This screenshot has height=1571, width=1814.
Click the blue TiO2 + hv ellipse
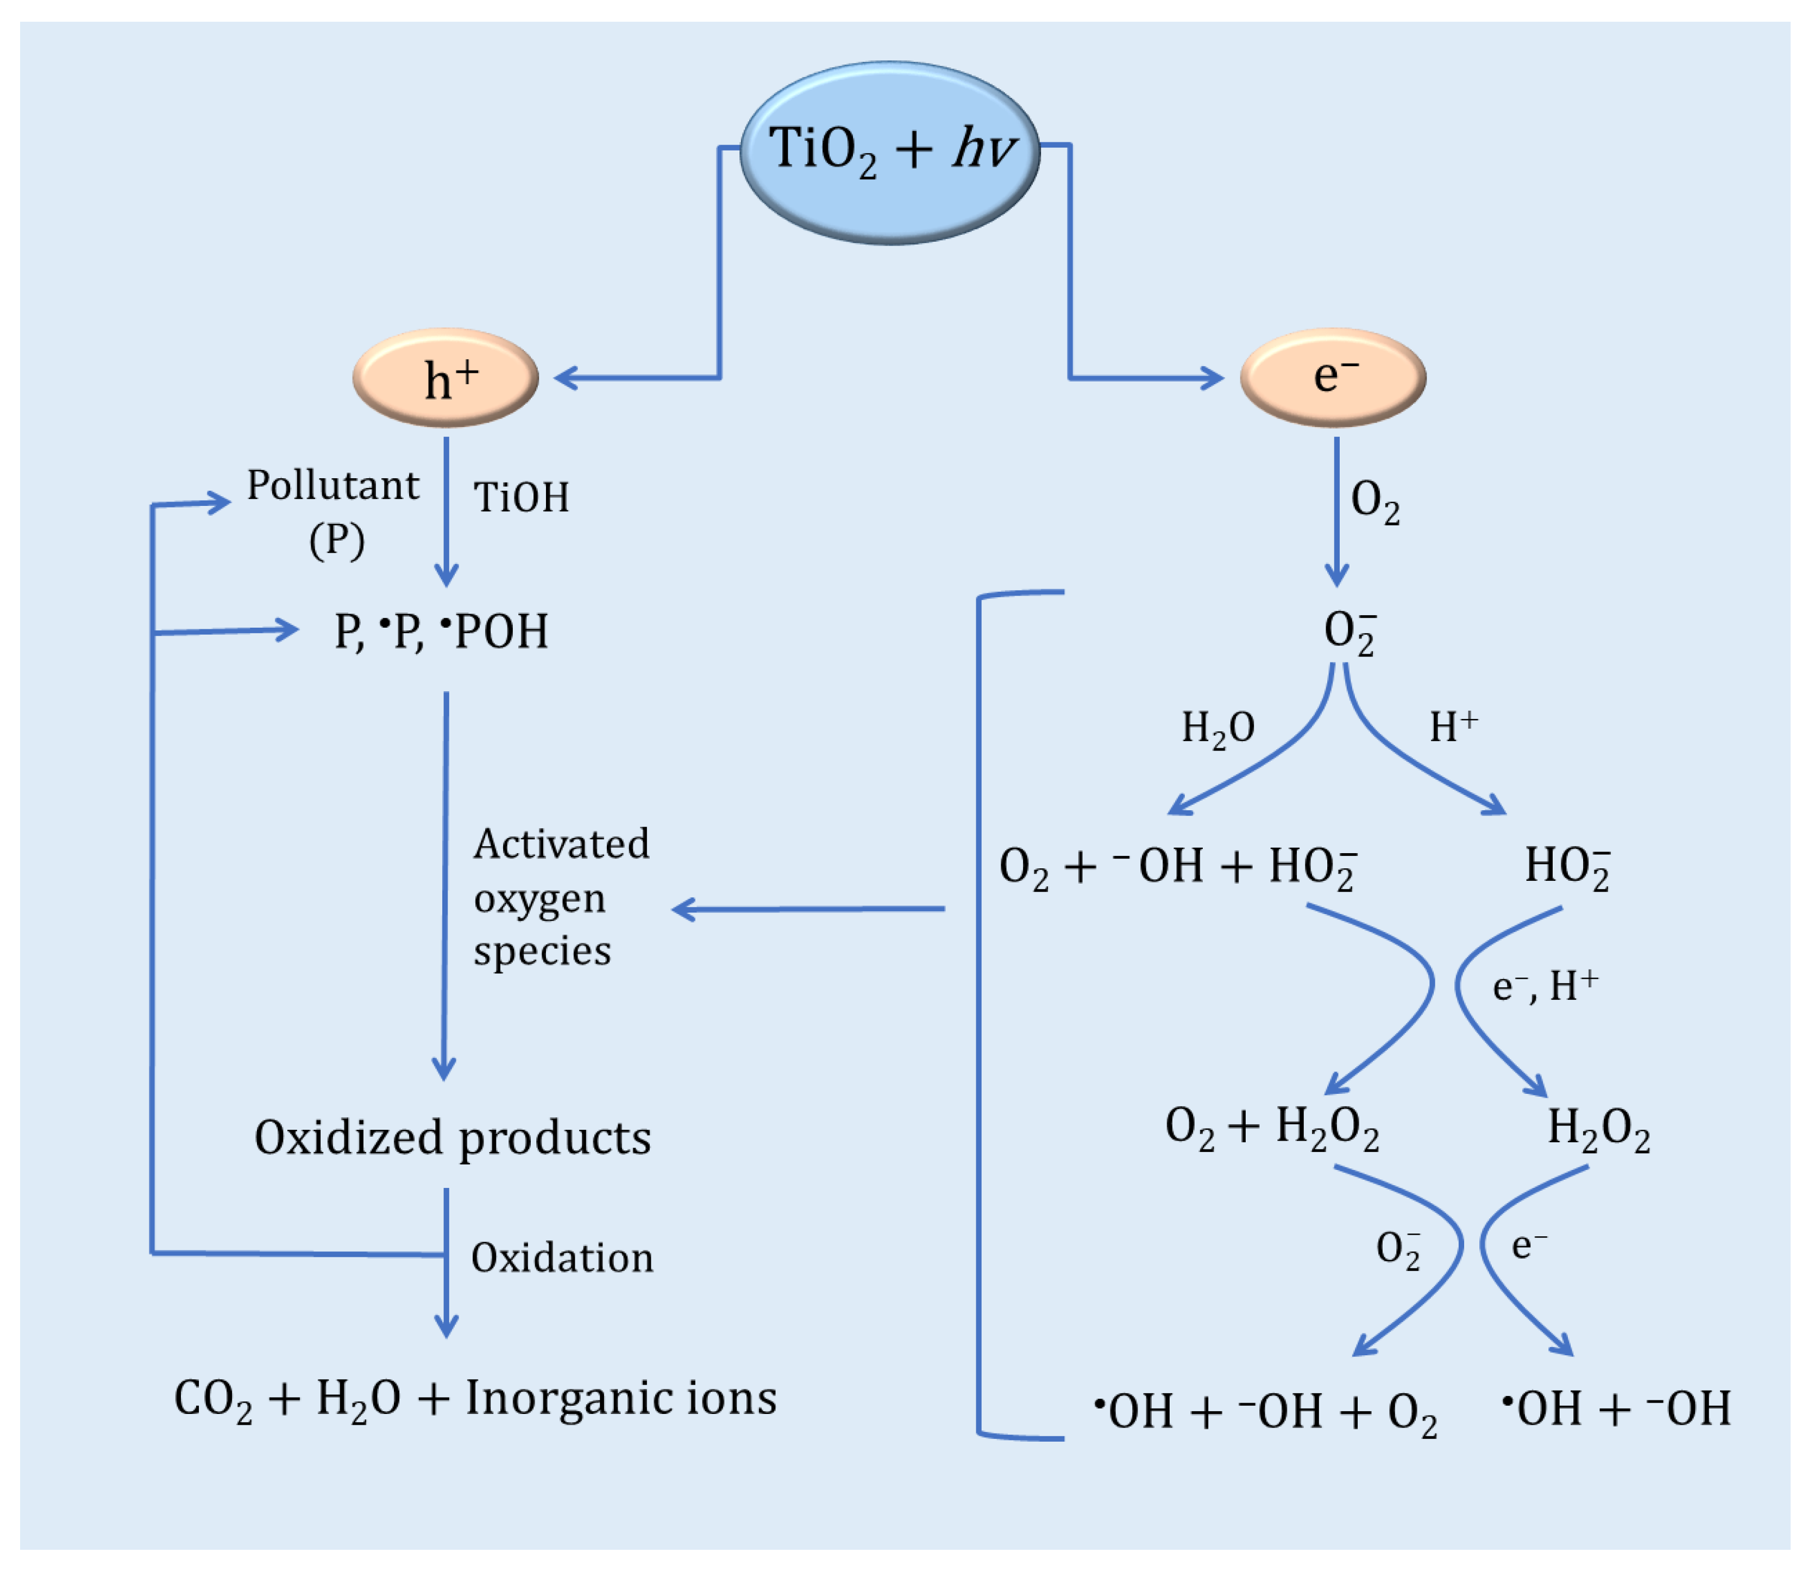point(889,152)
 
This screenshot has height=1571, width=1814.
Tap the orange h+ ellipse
point(445,378)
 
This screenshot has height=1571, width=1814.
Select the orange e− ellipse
point(1333,378)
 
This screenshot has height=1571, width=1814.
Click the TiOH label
point(522,497)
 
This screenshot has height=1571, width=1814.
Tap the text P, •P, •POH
point(441,631)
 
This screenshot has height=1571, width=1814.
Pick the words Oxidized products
point(452,1138)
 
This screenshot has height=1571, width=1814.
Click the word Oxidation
point(562,1258)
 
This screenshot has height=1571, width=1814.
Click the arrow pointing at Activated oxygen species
point(806,909)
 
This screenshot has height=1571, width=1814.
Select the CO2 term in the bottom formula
point(213,1399)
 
